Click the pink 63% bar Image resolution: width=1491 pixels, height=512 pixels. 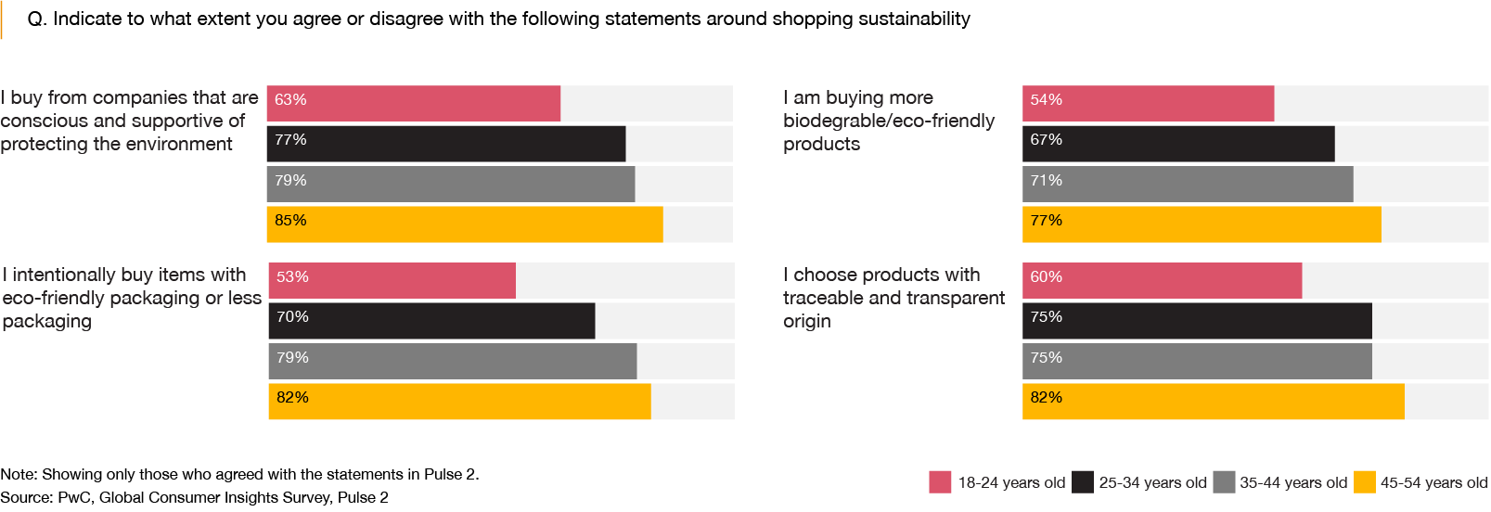tap(413, 104)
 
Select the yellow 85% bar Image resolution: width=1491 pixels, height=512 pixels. tap(464, 224)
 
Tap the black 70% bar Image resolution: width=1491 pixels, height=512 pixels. tap(431, 321)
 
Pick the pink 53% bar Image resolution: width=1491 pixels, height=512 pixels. tap(392, 281)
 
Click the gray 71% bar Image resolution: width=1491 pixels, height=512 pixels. tap(1188, 185)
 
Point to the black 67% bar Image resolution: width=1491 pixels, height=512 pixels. tap(1178, 144)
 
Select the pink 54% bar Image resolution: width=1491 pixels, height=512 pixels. tap(1148, 104)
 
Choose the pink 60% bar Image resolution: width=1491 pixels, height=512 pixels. tap(1162, 281)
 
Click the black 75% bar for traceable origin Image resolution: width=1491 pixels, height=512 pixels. tap(1197, 321)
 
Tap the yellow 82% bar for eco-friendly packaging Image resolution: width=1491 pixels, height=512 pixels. tap(459, 402)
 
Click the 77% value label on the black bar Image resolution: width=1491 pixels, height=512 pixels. tap(290, 140)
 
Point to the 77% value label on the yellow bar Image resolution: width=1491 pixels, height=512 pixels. tap(1046, 221)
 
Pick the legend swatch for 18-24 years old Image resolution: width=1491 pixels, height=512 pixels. tap(940, 482)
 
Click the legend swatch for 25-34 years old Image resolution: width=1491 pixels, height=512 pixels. tap(1082, 482)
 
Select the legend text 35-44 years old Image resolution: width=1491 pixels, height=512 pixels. tap(1293, 483)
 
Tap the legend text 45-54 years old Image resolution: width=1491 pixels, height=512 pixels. tap(1433, 483)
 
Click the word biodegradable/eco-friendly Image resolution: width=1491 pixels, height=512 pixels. tap(888, 121)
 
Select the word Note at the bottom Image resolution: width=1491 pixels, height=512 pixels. tap(19, 475)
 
